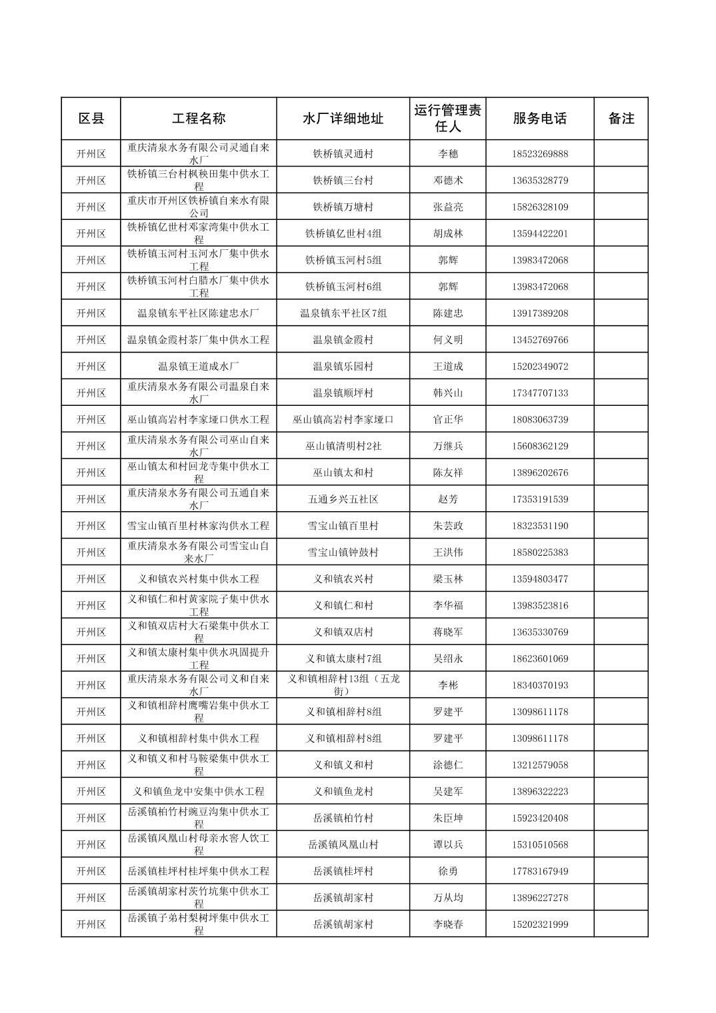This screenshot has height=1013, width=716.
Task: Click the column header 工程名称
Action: click(x=199, y=119)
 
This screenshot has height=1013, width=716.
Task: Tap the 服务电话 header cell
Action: click(x=540, y=119)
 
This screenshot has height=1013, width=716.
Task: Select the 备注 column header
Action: click(x=621, y=119)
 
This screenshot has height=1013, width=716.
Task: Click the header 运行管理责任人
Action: click(x=447, y=119)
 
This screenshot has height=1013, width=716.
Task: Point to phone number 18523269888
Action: click(x=540, y=154)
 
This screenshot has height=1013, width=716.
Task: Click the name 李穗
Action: click(x=447, y=154)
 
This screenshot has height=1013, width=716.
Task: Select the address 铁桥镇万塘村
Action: click(x=343, y=207)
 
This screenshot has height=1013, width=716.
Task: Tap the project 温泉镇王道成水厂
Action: click(x=199, y=367)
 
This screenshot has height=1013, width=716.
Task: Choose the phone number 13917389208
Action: click(x=540, y=313)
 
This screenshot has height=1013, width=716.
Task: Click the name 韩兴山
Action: click(x=447, y=393)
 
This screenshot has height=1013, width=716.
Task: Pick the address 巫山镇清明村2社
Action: click(x=343, y=447)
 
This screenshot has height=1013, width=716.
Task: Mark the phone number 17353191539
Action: click(x=540, y=499)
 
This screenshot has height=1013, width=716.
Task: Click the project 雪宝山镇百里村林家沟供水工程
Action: click(x=199, y=526)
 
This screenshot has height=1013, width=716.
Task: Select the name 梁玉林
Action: click(x=447, y=579)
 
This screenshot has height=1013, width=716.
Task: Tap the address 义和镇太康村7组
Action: click(x=343, y=658)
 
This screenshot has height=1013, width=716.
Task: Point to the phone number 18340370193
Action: click(x=540, y=685)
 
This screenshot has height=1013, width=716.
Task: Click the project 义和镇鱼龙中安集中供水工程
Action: click(x=199, y=792)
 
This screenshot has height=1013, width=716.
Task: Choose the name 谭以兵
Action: click(x=447, y=844)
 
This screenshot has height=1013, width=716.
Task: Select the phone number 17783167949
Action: click(x=540, y=871)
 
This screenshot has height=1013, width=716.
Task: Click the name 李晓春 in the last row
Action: click(x=447, y=924)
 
